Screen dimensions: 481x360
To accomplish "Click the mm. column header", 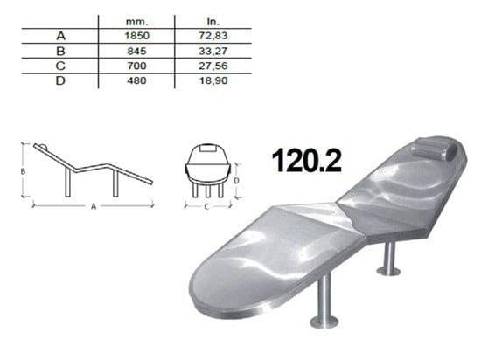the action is point(136,22).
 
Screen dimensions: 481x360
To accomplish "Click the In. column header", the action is point(213,22).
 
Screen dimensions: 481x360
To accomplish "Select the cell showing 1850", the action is point(136,36).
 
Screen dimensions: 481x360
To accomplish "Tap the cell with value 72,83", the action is point(213,36).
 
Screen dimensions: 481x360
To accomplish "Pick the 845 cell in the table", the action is point(136,51).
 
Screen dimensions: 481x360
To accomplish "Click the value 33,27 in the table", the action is point(213,51).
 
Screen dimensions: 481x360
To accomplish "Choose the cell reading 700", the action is point(136,66).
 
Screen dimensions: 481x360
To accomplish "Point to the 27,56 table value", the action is point(213,66).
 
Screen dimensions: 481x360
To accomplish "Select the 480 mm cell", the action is point(136,80).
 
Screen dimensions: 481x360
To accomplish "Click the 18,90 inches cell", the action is point(213,80).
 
